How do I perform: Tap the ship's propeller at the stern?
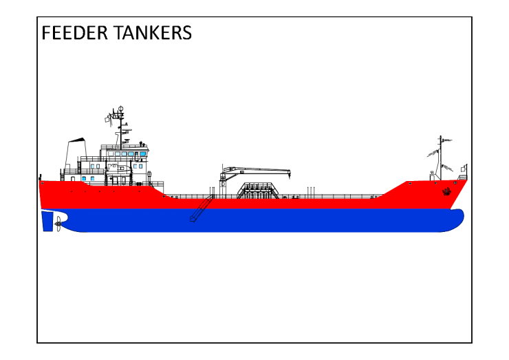[x=58, y=222]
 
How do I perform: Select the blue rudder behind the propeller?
[x=47, y=221]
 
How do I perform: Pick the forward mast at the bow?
[x=440, y=158]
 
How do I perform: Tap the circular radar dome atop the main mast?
[x=120, y=109]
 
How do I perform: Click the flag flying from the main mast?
[x=108, y=119]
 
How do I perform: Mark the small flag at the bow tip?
[x=464, y=169]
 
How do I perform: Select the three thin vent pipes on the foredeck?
[x=312, y=191]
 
